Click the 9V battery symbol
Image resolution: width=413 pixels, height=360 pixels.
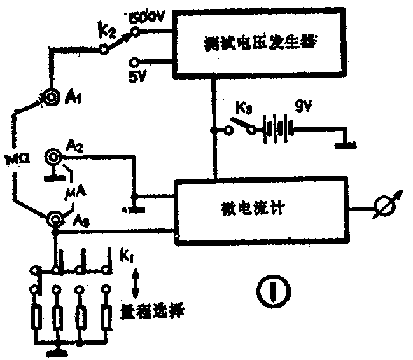tap(277, 129)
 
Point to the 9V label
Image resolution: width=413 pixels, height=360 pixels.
tap(302, 107)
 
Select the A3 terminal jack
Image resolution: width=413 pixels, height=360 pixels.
tap(57, 219)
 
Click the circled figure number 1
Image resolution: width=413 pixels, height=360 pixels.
tap(273, 291)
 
